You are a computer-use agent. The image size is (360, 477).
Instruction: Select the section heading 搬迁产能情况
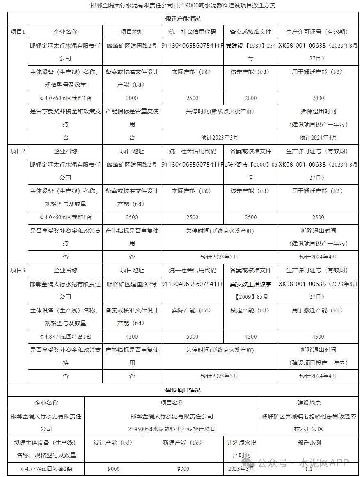[x=183, y=18]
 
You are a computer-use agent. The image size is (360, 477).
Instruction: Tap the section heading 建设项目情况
[x=183, y=390]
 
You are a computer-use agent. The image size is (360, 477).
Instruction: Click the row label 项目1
[x=18, y=32]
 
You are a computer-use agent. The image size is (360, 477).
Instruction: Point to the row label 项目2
[x=18, y=151]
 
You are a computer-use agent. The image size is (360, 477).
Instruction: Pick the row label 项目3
[x=18, y=270]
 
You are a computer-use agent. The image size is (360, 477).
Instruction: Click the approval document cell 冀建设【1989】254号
[x=250, y=52]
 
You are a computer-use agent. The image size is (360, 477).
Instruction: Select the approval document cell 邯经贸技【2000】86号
[x=250, y=171]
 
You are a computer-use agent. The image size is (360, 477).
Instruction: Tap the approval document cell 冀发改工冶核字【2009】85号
[x=250, y=290]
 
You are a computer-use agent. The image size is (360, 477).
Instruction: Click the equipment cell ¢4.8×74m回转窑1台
[x=65, y=337]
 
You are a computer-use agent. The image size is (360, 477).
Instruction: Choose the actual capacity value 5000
[x=192, y=337]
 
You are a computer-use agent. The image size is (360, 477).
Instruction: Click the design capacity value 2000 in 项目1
[x=132, y=98]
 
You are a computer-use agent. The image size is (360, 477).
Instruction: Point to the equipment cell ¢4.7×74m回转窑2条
[x=46, y=469]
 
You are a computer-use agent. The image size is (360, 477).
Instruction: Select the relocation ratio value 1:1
[x=309, y=469]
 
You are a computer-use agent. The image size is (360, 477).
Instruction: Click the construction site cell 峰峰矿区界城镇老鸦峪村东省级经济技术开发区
[x=309, y=422]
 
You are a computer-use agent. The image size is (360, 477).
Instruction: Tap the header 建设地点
[x=309, y=403]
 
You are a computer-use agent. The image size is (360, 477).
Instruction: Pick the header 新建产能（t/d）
[x=183, y=443]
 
